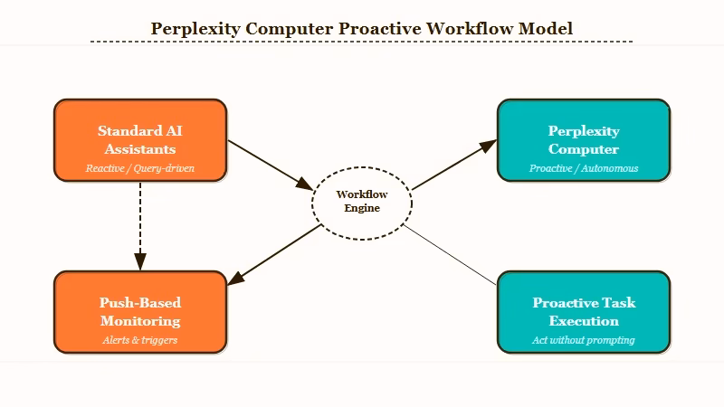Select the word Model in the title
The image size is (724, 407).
(x=546, y=28)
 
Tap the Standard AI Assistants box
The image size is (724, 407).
(x=140, y=139)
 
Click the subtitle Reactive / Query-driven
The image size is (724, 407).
(x=140, y=168)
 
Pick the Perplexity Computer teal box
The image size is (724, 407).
(x=584, y=139)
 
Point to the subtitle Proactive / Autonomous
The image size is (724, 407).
(x=584, y=168)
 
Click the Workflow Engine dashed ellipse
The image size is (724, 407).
(x=362, y=201)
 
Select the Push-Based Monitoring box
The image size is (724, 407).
(x=140, y=311)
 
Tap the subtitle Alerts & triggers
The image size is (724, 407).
(x=140, y=340)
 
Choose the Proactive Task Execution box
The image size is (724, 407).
(x=584, y=311)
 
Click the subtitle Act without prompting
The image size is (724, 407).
(x=584, y=340)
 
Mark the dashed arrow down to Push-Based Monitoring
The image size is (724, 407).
(x=140, y=226)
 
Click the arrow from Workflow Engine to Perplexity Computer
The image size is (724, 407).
(x=452, y=165)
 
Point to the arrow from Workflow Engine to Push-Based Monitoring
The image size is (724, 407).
(x=276, y=251)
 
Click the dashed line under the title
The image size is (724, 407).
(x=362, y=42)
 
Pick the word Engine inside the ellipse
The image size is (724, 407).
(x=362, y=208)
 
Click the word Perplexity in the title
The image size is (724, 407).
(x=195, y=28)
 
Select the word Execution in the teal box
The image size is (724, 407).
(x=584, y=321)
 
